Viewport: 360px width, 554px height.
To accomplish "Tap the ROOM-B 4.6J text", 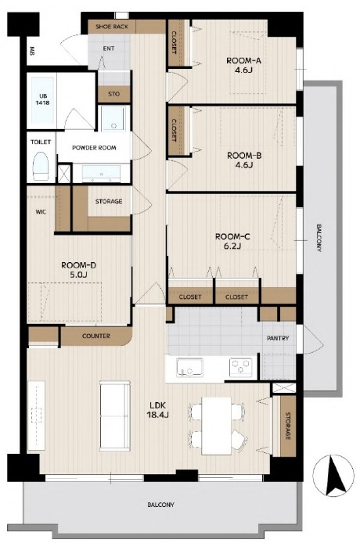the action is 244,160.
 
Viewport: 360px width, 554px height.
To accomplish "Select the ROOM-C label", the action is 232,241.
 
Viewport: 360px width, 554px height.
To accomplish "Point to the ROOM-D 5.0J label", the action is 78,270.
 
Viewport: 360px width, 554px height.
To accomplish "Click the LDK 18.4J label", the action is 157,410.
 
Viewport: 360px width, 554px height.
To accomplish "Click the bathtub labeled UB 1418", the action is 42,99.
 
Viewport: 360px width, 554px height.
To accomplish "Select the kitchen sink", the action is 189,368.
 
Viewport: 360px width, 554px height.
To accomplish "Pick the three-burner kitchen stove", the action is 241,367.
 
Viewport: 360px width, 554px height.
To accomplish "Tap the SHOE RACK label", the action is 112,27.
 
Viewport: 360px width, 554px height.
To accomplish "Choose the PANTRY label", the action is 278,338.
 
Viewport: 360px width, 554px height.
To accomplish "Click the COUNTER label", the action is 96,336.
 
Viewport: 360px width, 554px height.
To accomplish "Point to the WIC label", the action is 41,212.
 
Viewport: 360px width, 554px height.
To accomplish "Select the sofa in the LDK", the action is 115,415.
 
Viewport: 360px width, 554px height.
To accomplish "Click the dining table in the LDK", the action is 216,426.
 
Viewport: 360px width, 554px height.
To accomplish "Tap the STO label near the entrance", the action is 113,94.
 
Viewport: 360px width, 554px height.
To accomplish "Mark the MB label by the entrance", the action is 32,51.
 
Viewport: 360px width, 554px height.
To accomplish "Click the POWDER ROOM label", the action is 94,148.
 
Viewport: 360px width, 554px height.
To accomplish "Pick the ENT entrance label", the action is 109,49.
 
